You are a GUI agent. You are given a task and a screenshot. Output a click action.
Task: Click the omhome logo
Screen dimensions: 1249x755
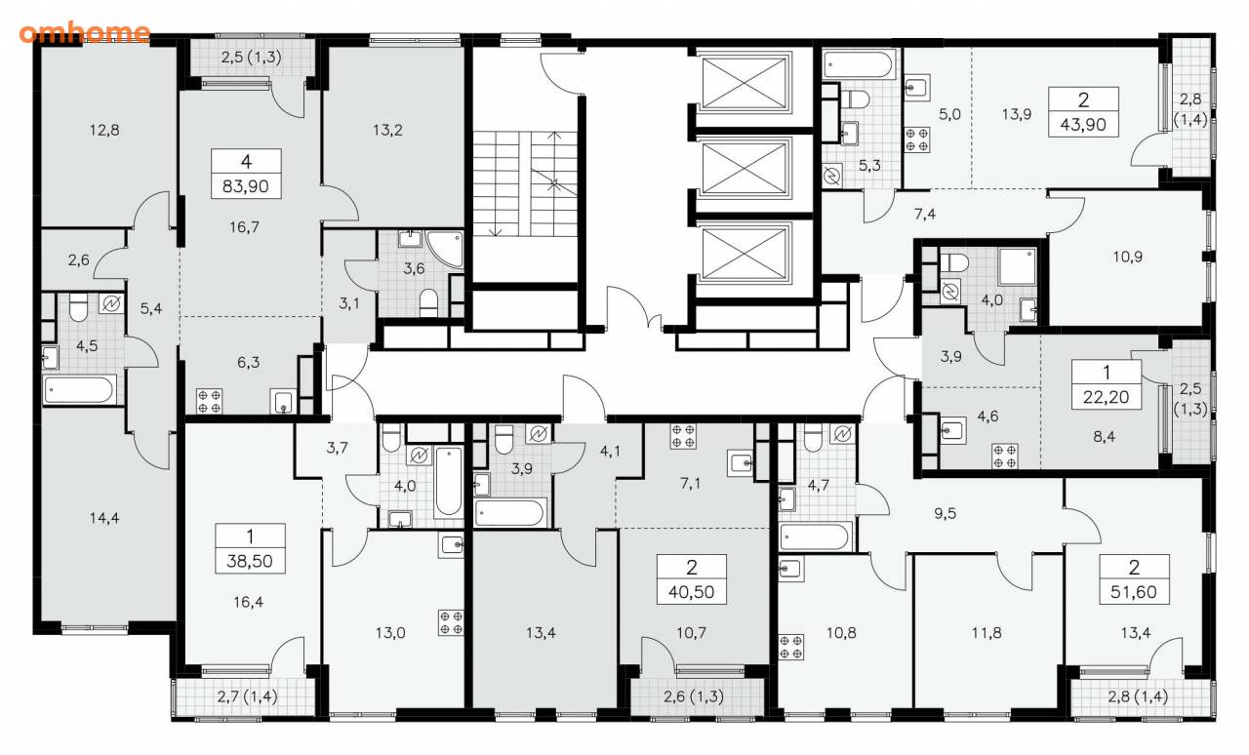point(85,32)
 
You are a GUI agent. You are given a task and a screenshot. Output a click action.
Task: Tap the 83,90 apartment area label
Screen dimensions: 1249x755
point(246,186)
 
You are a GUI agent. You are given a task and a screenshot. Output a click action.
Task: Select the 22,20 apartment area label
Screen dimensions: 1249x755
point(1106,397)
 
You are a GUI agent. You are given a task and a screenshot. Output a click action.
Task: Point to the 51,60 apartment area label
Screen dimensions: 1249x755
point(1134,592)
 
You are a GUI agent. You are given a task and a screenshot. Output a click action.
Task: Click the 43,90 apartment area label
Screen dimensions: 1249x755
point(1083,124)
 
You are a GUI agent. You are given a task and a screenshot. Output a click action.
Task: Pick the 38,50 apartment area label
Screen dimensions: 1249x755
point(250,561)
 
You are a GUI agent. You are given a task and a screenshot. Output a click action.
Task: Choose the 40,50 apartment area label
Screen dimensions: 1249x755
point(692,592)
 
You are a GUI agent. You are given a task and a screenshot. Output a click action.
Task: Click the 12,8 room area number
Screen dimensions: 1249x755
point(104,130)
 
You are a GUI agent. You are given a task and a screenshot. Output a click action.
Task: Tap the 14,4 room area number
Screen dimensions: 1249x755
point(104,518)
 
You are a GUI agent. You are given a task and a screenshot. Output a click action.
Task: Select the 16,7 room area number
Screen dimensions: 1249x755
point(244,227)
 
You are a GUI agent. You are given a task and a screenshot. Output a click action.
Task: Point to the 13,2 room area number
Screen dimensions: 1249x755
point(387,130)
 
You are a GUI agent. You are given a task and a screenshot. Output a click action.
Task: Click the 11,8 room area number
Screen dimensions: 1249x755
point(986,633)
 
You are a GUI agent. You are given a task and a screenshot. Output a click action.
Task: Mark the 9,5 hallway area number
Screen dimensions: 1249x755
point(946,513)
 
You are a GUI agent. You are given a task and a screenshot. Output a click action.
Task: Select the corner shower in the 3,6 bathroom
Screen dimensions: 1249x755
point(446,249)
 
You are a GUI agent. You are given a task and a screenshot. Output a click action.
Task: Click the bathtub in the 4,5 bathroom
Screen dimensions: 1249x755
point(80,390)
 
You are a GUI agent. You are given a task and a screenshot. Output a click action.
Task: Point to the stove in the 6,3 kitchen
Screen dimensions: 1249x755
point(209,401)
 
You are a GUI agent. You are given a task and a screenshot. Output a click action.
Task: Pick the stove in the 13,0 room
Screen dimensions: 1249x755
point(451,623)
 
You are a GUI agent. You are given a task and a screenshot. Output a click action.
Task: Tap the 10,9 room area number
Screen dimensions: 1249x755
point(1127,258)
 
